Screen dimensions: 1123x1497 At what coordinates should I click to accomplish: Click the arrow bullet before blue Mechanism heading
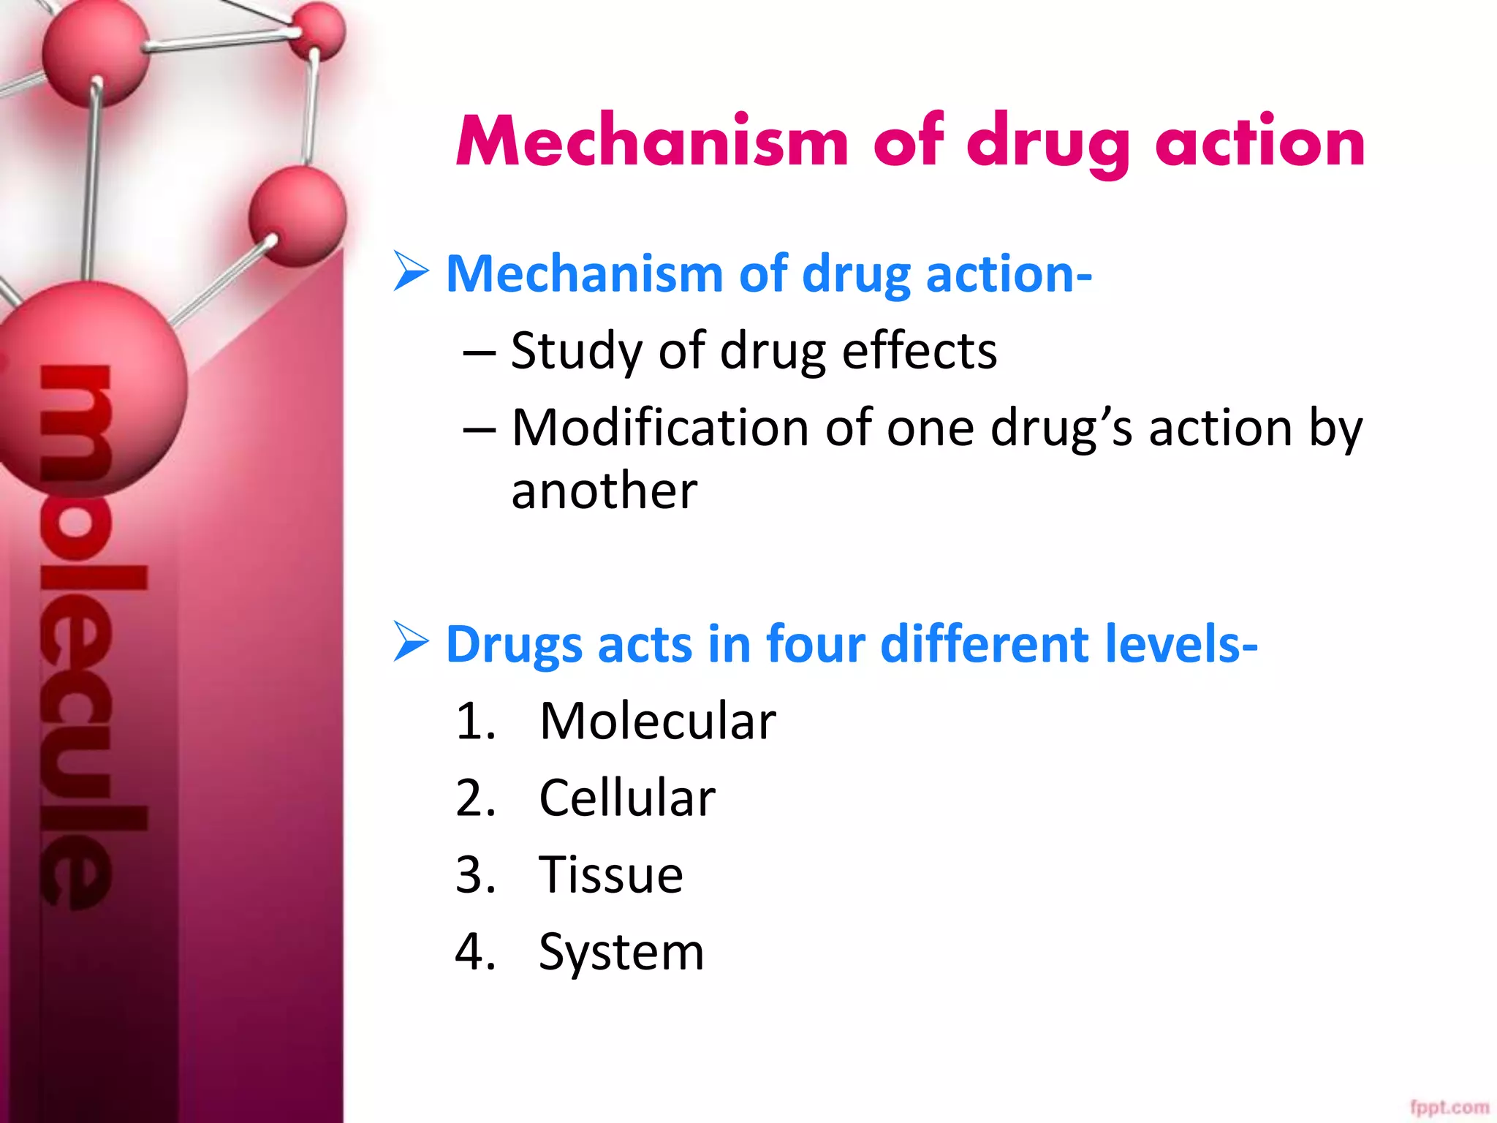(410, 271)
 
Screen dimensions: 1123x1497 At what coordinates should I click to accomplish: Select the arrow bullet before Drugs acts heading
(410, 641)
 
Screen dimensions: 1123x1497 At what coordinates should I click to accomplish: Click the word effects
(919, 352)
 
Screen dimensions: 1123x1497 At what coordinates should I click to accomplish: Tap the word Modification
(659, 428)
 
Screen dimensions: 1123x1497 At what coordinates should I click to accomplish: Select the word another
(604, 491)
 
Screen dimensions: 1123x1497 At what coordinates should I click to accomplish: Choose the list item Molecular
(657, 722)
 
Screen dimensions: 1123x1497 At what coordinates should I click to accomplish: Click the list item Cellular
(626, 798)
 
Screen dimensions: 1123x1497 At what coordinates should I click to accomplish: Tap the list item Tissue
(610, 874)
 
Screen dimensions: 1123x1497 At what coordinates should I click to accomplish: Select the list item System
(621, 953)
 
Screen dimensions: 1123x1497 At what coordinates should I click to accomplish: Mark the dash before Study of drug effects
(479, 353)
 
